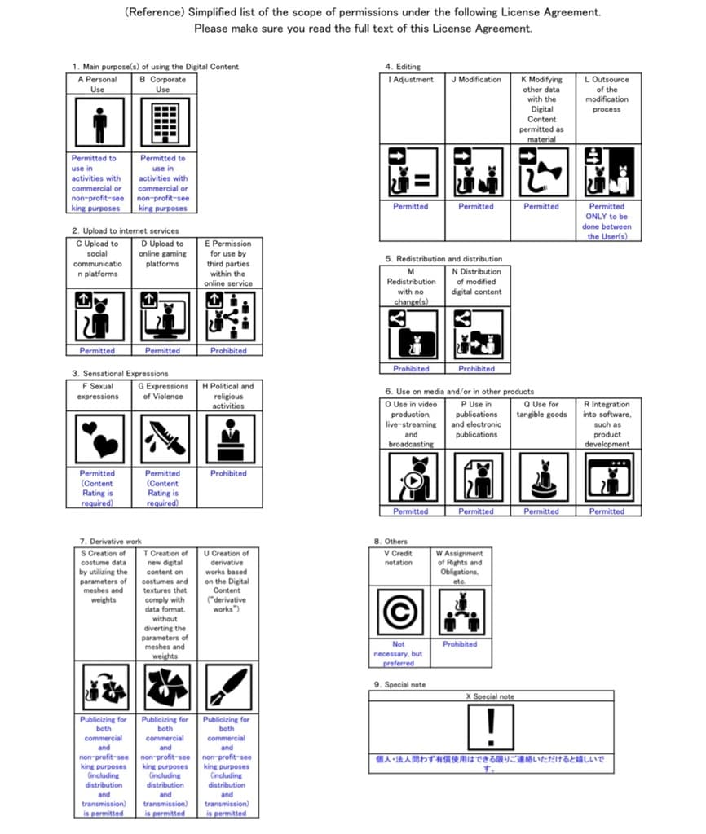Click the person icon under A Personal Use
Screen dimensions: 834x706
[x=99, y=124]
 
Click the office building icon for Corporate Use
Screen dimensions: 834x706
[x=164, y=124]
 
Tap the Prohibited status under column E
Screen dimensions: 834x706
[x=228, y=351]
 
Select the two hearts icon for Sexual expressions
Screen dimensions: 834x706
[x=99, y=438]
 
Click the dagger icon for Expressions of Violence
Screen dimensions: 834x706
[x=164, y=438]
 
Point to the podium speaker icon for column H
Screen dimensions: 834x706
[x=229, y=438]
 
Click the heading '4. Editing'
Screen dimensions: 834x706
[x=403, y=67]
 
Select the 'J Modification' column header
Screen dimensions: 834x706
[x=476, y=80]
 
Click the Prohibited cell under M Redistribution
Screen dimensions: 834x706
[x=411, y=369]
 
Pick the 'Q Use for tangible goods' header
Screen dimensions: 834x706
[x=541, y=410]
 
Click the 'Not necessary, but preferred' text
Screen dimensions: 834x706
[x=399, y=653]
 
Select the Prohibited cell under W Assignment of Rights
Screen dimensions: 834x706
[x=460, y=644]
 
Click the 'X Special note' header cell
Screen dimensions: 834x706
[x=490, y=697]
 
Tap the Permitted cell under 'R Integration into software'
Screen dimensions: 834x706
[x=607, y=511]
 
